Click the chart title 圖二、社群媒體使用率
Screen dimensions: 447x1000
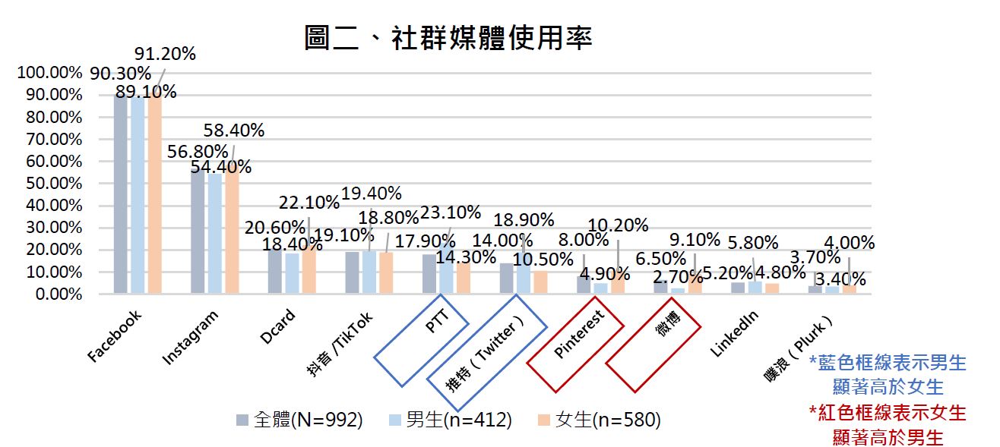click(448, 37)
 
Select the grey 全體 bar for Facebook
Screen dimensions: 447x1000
click(120, 194)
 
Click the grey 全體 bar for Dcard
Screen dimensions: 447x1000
click(274, 271)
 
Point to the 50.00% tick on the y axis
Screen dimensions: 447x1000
click(49, 184)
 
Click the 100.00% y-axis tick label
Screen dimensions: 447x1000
click(49, 73)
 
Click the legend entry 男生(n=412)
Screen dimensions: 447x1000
click(449, 420)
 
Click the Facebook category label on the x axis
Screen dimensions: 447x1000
click(115, 335)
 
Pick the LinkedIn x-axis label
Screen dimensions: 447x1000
click(735, 334)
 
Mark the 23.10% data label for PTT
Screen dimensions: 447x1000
click(450, 212)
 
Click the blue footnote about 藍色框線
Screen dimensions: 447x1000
click(888, 375)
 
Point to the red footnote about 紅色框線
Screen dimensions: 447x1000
click(888, 425)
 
